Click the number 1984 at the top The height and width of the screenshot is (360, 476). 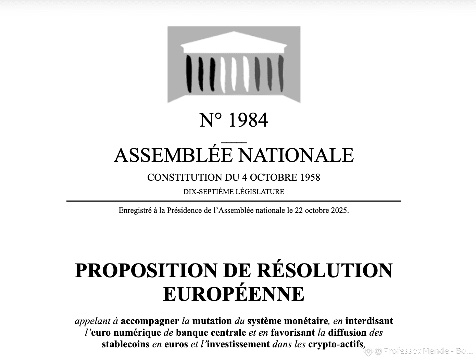click(x=248, y=120)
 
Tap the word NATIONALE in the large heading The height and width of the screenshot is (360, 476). click(x=296, y=155)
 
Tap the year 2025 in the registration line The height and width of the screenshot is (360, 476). click(x=339, y=210)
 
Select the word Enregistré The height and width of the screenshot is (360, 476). click(x=135, y=210)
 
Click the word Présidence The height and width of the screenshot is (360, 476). click(x=184, y=210)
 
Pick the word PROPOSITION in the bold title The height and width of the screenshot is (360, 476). click(x=146, y=270)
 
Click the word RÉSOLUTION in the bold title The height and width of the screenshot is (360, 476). click(x=325, y=270)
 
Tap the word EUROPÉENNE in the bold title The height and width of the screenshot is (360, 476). click(x=234, y=294)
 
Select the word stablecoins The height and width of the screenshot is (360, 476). click(x=126, y=344)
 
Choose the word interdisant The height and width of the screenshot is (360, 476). click(x=369, y=321)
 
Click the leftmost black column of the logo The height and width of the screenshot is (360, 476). click(x=189, y=74)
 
